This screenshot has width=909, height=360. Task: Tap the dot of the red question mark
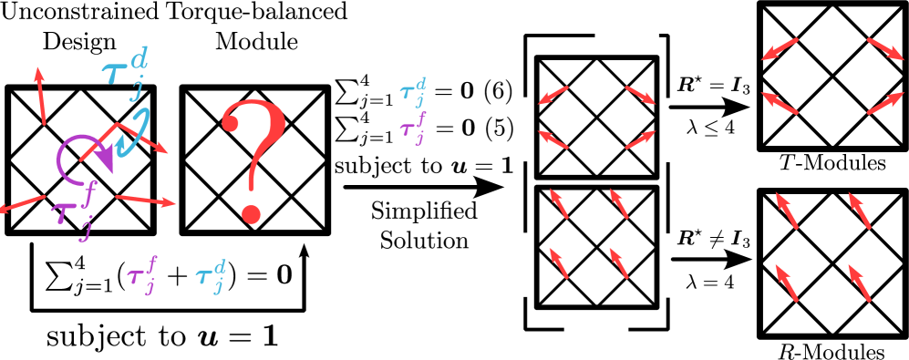tap(251, 213)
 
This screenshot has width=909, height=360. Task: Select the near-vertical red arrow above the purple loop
tap(40, 95)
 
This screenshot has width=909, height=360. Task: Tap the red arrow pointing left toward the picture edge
tap(22, 204)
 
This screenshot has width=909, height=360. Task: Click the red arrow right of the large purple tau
tap(145, 201)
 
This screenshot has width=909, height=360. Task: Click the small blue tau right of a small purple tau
tap(211, 277)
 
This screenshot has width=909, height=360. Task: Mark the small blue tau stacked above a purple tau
tap(413, 93)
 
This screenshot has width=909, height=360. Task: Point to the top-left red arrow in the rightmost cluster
tap(780, 48)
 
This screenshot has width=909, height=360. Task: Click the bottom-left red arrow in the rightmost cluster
tap(787, 283)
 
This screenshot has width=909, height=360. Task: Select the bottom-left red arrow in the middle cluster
tap(559, 263)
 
